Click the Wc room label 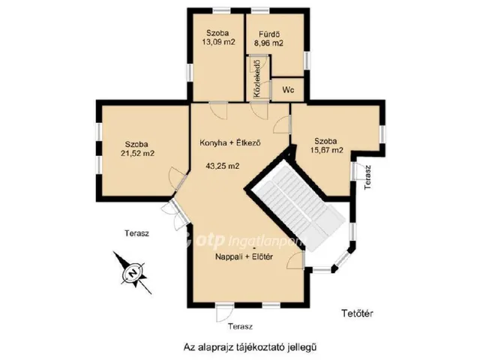click(x=288, y=90)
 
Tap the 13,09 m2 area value click(x=218, y=42)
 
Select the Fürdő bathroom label click(x=268, y=34)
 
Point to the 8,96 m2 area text click(x=268, y=43)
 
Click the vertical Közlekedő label click(x=257, y=78)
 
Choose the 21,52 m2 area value click(x=137, y=153)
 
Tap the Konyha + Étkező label click(x=230, y=142)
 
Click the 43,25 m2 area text click(x=223, y=166)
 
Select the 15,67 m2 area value click(x=325, y=150)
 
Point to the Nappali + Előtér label click(x=244, y=256)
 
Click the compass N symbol click(x=133, y=271)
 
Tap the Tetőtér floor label click(x=357, y=313)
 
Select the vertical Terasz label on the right click(x=367, y=177)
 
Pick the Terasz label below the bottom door click(x=240, y=326)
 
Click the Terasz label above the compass click(x=136, y=233)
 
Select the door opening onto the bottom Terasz click(x=223, y=313)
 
